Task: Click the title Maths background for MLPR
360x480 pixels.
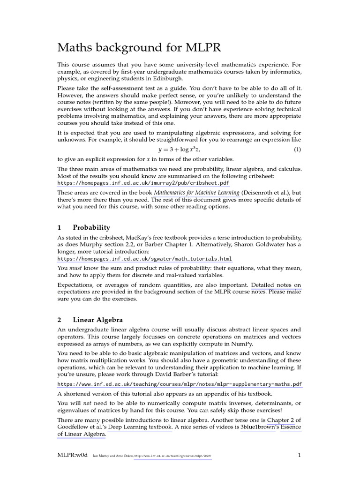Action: pyautogui.click(x=139, y=48)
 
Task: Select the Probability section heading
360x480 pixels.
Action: pyautogui.click(x=91, y=227)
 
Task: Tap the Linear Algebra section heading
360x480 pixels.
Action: pyautogui.click(x=97, y=320)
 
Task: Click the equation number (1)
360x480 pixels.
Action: pyautogui.click(x=297, y=150)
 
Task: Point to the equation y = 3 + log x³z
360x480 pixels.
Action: pyautogui.click(x=180, y=150)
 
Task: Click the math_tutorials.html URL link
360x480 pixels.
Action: pyautogui.click(x=144, y=259)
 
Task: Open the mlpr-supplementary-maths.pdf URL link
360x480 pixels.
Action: pyautogui.click(x=180, y=384)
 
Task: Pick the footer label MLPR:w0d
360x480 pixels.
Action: pyautogui.click(x=72, y=455)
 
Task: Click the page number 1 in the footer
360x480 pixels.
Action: pyautogui.click(x=299, y=455)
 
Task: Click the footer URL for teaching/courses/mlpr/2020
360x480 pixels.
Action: pyautogui.click(x=172, y=456)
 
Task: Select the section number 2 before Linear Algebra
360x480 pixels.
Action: pyautogui.click(x=60, y=320)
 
